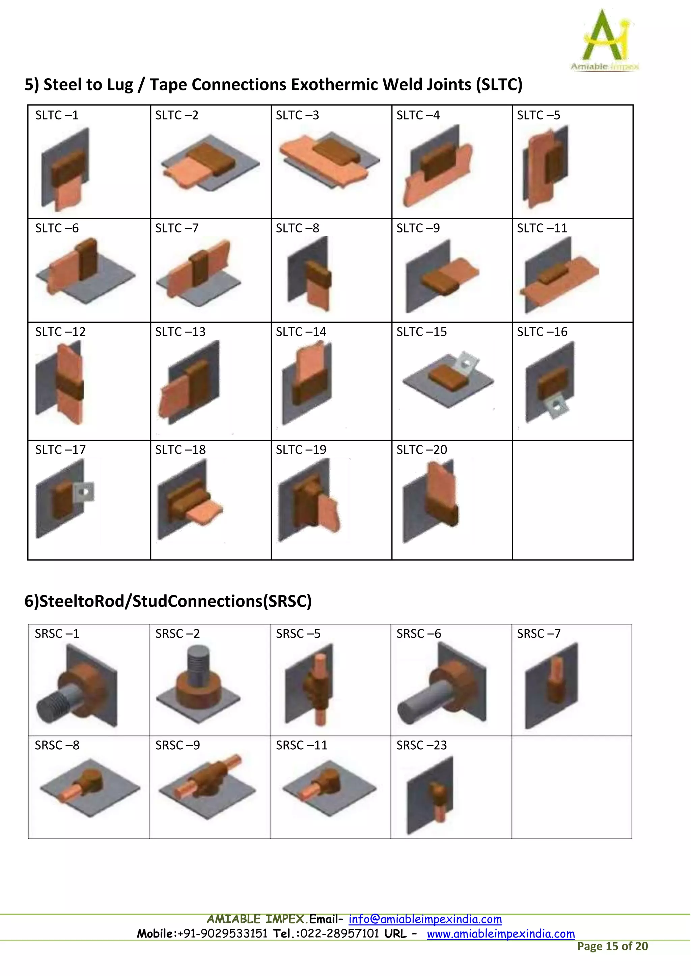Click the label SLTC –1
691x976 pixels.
pos(57,115)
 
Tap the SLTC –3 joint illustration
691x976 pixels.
pos(329,160)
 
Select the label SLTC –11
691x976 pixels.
pos(542,228)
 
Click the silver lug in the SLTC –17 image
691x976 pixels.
pos(84,492)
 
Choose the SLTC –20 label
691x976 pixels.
pos(422,450)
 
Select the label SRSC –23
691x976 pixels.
pos(422,745)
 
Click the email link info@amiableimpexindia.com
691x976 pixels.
pos(425,919)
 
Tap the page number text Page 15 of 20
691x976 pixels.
pos(612,946)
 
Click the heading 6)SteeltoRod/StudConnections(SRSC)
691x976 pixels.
pos(168,601)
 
